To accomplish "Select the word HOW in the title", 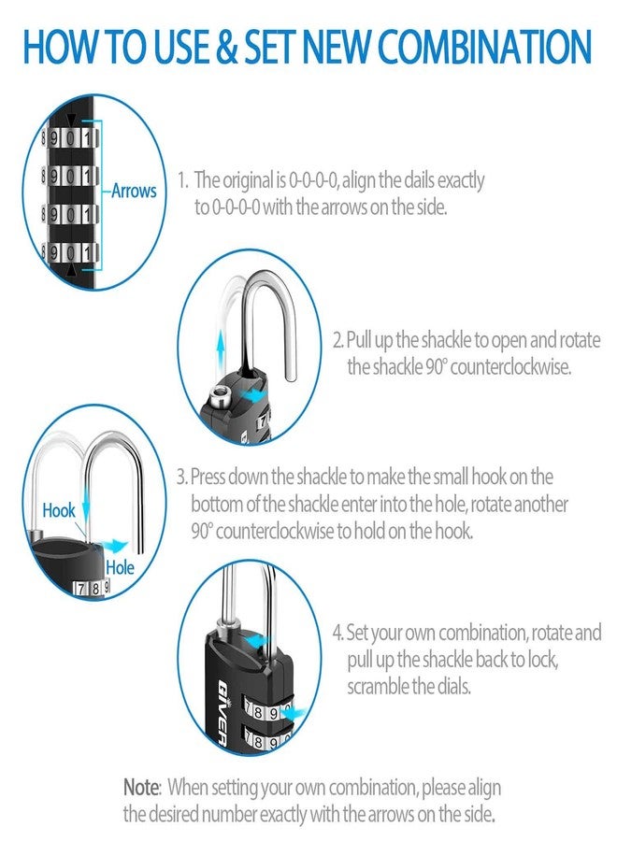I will [x=60, y=47].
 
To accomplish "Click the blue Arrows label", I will [x=134, y=192].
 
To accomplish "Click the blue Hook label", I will [x=59, y=511].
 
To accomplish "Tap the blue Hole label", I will [x=120, y=567].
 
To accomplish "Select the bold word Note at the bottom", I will [x=142, y=787].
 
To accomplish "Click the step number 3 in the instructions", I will [x=181, y=477].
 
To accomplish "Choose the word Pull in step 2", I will [x=360, y=338].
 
